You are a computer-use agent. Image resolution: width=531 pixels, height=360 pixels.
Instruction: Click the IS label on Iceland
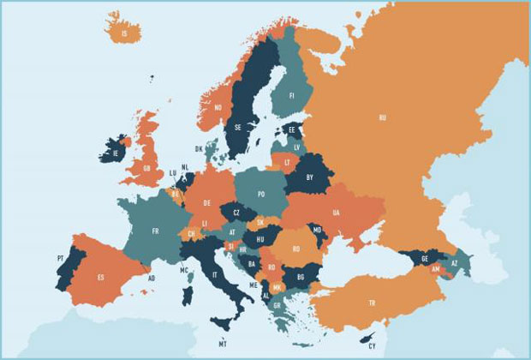(x=126, y=34)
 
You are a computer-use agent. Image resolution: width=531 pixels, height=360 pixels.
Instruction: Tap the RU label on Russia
(x=382, y=117)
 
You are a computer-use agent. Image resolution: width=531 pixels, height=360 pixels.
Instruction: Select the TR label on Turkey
(x=372, y=303)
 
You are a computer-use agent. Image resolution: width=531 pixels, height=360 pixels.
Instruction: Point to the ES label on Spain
(x=100, y=277)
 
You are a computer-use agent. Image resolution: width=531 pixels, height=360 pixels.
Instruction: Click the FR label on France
(x=155, y=231)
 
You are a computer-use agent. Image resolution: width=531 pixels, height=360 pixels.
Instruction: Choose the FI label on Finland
(x=291, y=96)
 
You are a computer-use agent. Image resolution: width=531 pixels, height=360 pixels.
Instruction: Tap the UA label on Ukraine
(x=336, y=212)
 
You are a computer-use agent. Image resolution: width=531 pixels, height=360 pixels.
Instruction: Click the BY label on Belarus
(x=309, y=177)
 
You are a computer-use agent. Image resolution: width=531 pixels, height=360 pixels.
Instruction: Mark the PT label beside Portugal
(x=60, y=257)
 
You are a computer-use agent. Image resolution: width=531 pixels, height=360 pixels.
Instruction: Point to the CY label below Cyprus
(x=372, y=347)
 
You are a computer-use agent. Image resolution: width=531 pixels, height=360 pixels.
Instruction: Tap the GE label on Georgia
(x=425, y=257)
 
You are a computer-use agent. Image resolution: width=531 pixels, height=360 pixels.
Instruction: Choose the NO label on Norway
(x=218, y=107)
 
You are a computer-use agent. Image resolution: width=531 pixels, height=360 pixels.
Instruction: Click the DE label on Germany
(x=207, y=203)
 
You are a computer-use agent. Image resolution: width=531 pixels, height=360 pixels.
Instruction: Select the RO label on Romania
(x=295, y=249)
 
